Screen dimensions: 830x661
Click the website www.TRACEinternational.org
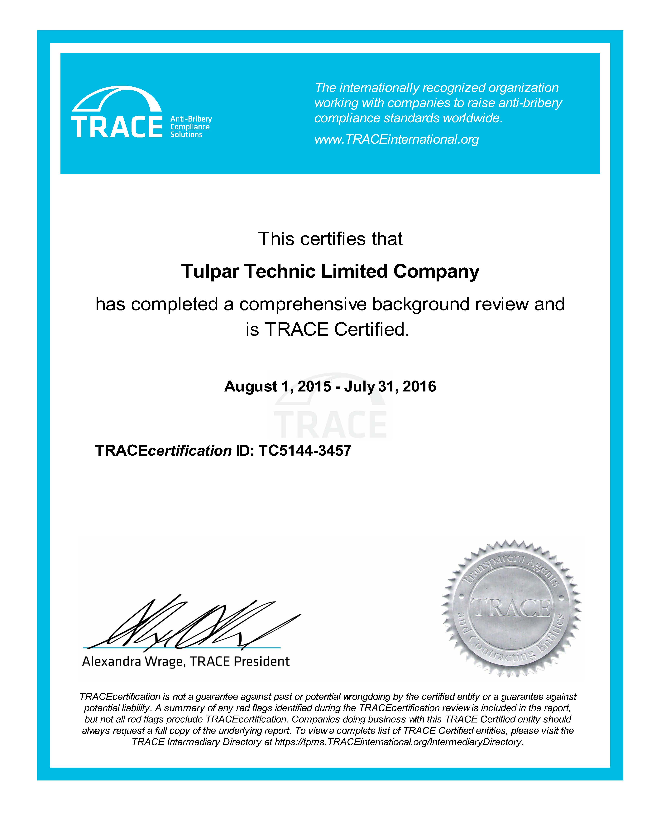click(396, 139)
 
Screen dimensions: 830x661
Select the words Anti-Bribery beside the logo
click(191, 119)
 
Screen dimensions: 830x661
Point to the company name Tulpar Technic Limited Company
click(330, 271)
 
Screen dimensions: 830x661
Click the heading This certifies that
click(330, 239)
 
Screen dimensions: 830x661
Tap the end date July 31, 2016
click(390, 386)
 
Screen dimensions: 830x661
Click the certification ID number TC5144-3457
click(305, 450)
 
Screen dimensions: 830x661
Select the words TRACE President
click(239, 661)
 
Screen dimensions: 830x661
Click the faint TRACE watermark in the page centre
click(330, 424)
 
